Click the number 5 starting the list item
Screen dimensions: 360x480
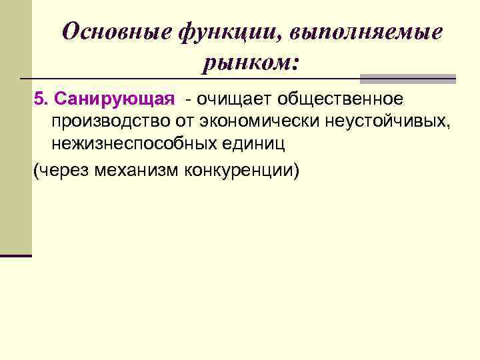coord(38,99)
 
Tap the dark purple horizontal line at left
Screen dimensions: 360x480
coord(16,255)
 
